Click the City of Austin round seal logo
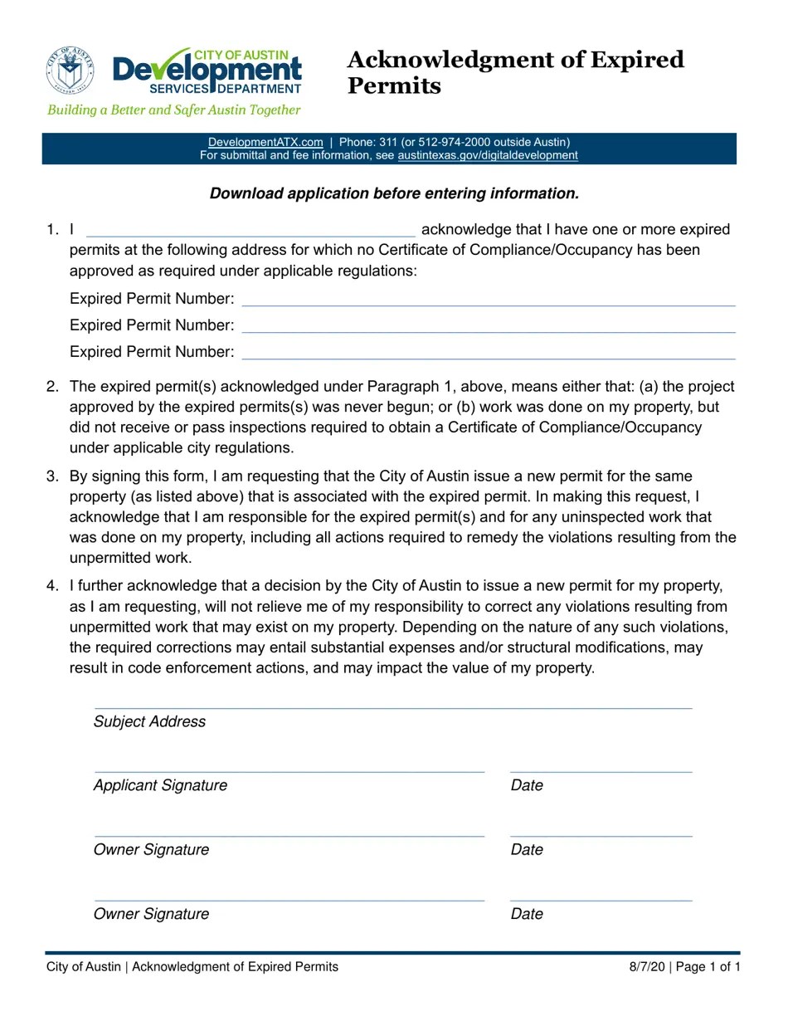(70, 70)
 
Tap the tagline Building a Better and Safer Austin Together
(173, 110)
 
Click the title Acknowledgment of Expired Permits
(514, 72)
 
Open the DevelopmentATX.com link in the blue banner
(265, 142)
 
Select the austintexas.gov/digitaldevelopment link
(488, 155)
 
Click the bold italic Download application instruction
(394, 193)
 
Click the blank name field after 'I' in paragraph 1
(251, 230)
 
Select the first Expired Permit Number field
(488, 299)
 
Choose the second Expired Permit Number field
(488, 325)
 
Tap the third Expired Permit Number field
(488, 352)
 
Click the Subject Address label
(149, 722)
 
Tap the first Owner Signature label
(151, 850)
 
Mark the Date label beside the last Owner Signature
(527, 914)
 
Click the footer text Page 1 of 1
(708, 967)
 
